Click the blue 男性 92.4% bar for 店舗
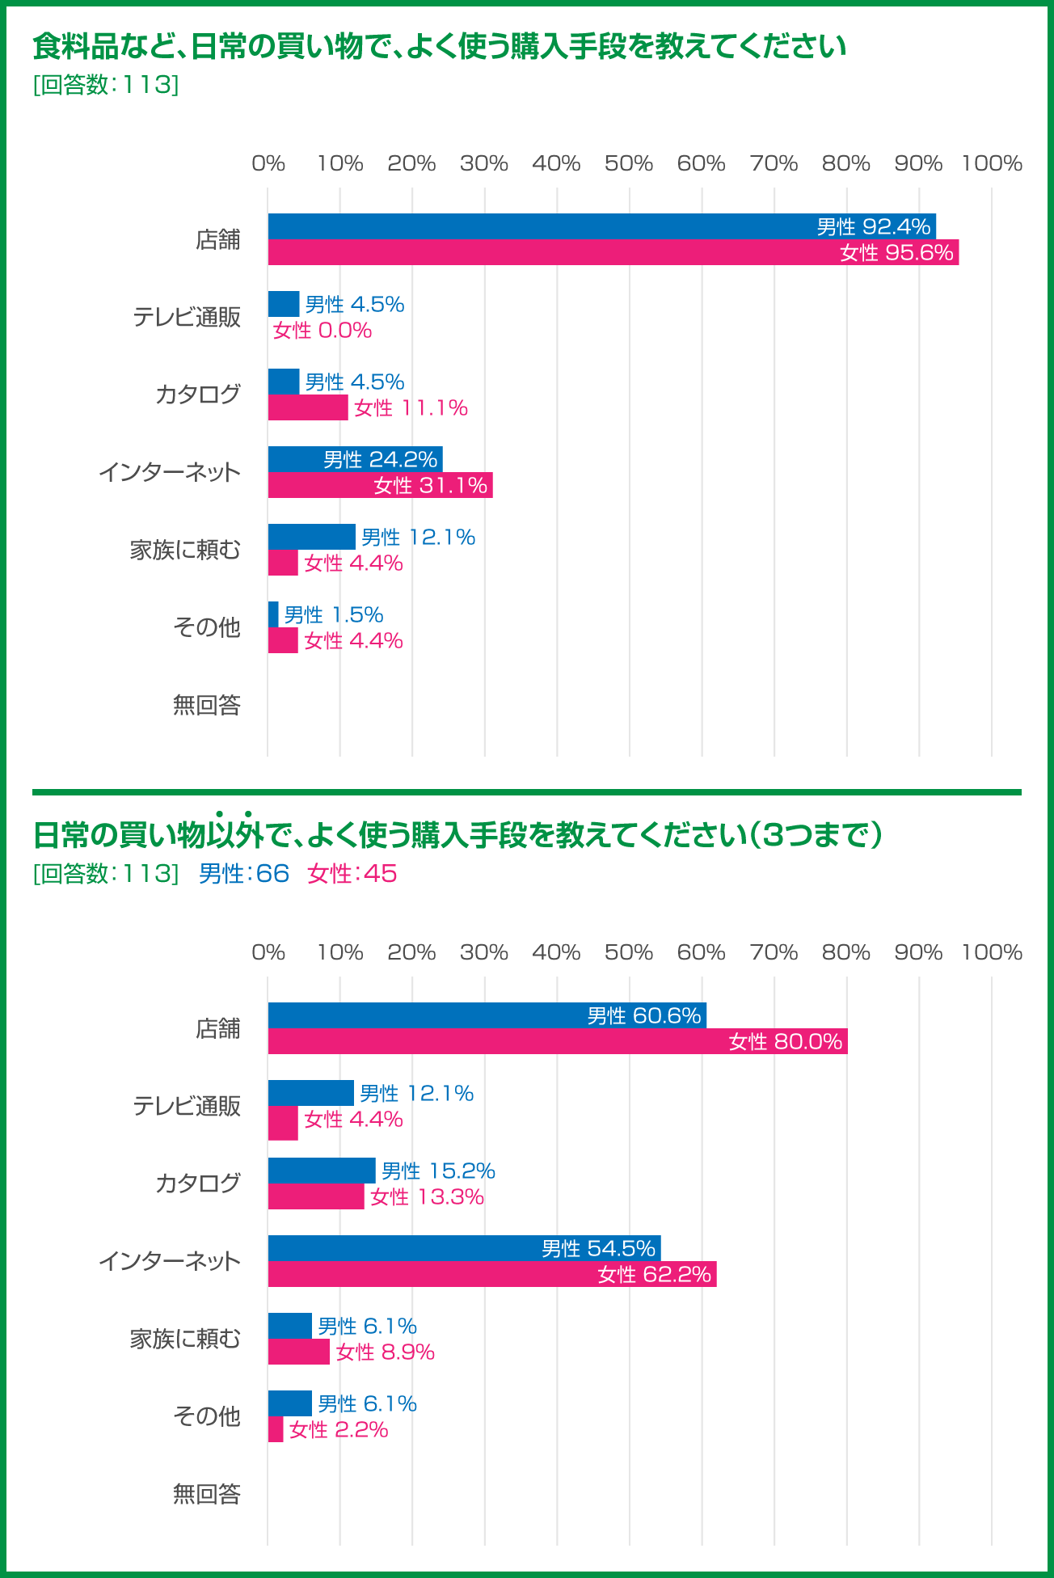click(602, 226)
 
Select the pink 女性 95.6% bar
click(613, 252)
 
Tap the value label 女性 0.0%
click(323, 330)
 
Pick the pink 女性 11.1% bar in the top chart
click(308, 407)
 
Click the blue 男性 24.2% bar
click(356, 459)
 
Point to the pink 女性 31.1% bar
click(380, 485)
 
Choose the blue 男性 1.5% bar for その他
click(273, 614)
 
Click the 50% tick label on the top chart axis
click(628, 163)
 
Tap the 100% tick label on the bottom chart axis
click(991, 952)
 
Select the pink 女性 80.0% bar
click(558, 1041)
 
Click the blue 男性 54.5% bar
click(464, 1248)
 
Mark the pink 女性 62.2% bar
click(492, 1274)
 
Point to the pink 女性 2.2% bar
click(276, 1429)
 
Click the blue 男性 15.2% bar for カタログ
click(322, 1171)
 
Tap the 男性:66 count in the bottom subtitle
click(243, 873)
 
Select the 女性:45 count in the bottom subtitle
click(352, 873)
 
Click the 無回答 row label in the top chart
click(207, 705)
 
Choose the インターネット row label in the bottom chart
click(170, 1261)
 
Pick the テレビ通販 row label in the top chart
click(187, 317)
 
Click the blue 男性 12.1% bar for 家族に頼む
click(312, 537)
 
